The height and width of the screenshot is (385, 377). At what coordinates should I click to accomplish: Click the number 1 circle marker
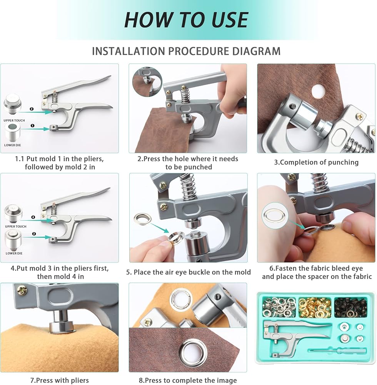pyautogui.click(x=32, y=126)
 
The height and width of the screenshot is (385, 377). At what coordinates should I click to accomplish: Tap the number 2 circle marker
pyautogui.click(x=32, y=109)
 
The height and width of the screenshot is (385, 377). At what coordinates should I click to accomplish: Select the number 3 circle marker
pyautogui.click(x=34, y=234)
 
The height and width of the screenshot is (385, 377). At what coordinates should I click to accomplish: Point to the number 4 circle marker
pyautogui.click(x=33, y=217)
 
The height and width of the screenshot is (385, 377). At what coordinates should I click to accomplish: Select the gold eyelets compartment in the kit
pyautogui.click(x=315, y=308)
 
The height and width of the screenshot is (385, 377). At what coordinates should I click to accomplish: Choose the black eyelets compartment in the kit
pyautogui.click(x=351, y=307)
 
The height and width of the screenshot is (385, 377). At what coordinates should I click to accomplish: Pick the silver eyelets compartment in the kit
pyautogui.click(x=279, y=307)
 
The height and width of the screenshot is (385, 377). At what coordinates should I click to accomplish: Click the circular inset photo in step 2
pyautogui.click(x=147, y=82)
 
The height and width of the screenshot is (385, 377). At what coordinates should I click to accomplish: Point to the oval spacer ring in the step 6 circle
pyautogui.click(x=274, y=216)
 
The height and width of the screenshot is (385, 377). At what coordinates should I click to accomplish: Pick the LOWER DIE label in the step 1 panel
pyautogui.click(x=13, y=145)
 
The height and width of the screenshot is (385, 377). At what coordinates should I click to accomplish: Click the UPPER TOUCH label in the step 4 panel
pyautogui.click(x=15, y=226)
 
